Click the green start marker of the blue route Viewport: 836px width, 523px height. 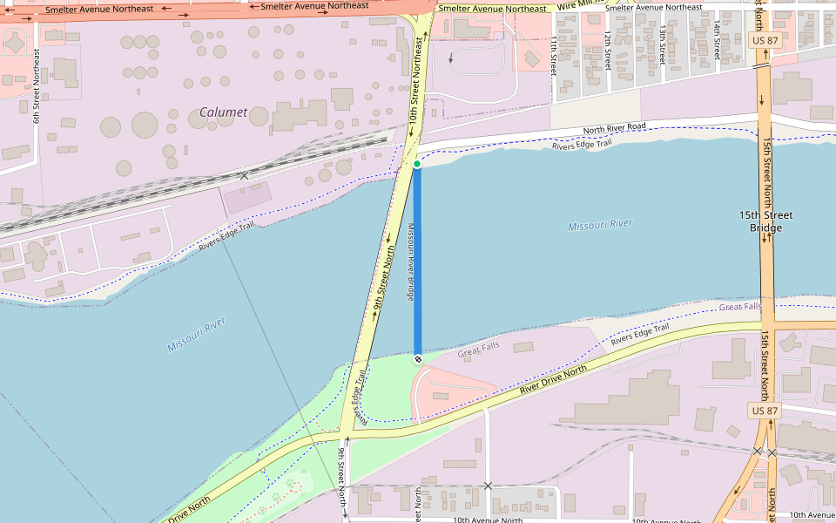pyautogui.click(x=417, y=164)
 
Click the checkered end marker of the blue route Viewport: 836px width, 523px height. pyautogui.click(x=418, y=358)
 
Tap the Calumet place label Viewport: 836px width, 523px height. pyautogui.click(x=224, y=112)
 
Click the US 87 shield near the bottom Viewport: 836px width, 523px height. pyautogui.click(x=765, y=410)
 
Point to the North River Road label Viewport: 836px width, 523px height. pyautogui.click(x=614, y=129)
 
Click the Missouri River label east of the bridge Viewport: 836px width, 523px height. pyautogui.click(x=600, y=225)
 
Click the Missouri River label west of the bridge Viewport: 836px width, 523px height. pyautogui.click(x=197, y=335)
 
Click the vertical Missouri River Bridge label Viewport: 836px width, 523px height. pyautogui.click(x=410, y=261)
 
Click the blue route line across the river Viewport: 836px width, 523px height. pyautogui.click(x=417, y=261)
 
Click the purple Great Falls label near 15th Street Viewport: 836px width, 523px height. pyautogui.click(x=739, y=307)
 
